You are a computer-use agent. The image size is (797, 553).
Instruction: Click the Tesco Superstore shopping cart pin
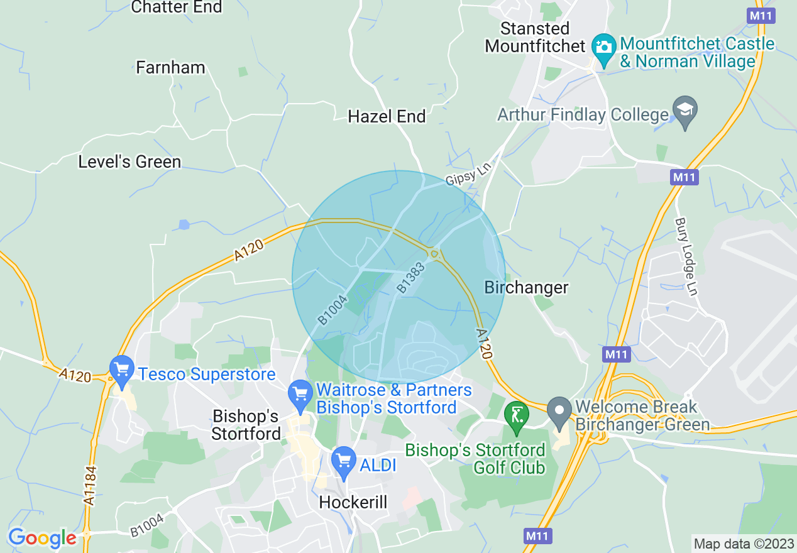(x=121, y=370)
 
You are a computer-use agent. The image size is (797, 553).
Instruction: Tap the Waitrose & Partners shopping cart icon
(x=300, y=395)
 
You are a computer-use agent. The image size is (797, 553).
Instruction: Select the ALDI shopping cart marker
(x=343, y=462)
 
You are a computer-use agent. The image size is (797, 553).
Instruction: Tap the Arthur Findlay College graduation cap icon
(x=684, y=111)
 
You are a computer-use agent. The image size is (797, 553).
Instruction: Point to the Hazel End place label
(x=387, y=116)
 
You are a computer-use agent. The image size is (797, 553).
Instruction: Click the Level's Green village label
(x=129, y=162)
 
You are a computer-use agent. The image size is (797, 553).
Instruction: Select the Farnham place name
(x=170, y=68)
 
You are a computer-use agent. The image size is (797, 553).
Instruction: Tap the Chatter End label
(x=177, y=8)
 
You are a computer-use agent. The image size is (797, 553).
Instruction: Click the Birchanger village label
(x=526, y=287)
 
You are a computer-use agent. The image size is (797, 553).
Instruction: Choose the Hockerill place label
(x=353, y=501)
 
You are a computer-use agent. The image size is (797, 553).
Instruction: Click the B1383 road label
(x=411, y=277)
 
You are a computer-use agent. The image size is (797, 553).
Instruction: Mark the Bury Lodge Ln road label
(x=686, y=256)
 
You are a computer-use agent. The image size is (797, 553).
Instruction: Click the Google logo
(x=42, y=539)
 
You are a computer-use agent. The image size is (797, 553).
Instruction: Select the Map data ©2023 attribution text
(x=743, y=542)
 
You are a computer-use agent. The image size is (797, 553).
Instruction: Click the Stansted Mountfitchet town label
(x=536, y=38)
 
